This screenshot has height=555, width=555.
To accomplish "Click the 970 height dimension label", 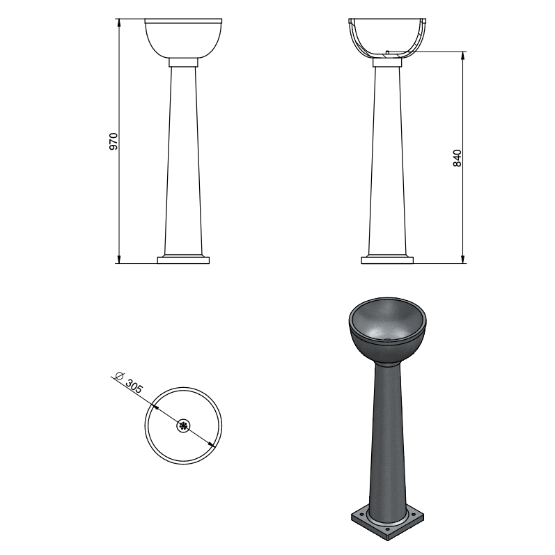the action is click(x=114, y=141).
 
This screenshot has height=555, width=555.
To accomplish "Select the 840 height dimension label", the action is click(x=458, y=158).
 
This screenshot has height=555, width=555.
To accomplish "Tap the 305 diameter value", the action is click(x=134, y=387).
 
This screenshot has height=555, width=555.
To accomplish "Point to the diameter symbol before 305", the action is click(x=119, y=375).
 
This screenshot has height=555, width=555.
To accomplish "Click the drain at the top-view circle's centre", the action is click(x=183, y=425).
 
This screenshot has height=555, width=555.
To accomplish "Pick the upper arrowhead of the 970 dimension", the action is click(x=119, y=22).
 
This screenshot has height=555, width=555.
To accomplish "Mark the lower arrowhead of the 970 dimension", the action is click(x=119, y=260).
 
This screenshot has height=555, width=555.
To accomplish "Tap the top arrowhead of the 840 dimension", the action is click(x=462, y=56).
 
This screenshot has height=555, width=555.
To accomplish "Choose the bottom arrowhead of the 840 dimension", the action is click(x=462, y=260).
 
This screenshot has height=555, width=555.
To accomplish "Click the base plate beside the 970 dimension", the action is click(x=183, y=260).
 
